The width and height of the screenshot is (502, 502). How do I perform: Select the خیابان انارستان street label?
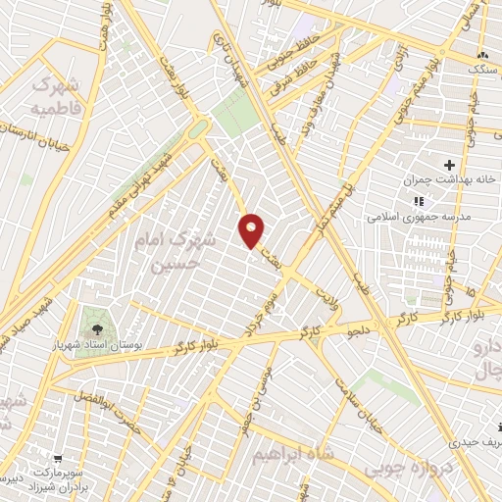[x=39, y=138]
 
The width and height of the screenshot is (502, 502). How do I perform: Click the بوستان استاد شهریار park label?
[x=97, y=339]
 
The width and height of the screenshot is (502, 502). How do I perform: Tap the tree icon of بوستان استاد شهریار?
[x=97, y=318]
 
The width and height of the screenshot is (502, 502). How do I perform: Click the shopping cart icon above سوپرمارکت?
[x=58, y=458]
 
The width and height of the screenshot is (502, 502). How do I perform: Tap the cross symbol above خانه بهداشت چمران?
[x=450, y=165]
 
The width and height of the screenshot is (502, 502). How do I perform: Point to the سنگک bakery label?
[x=481, y=71]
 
